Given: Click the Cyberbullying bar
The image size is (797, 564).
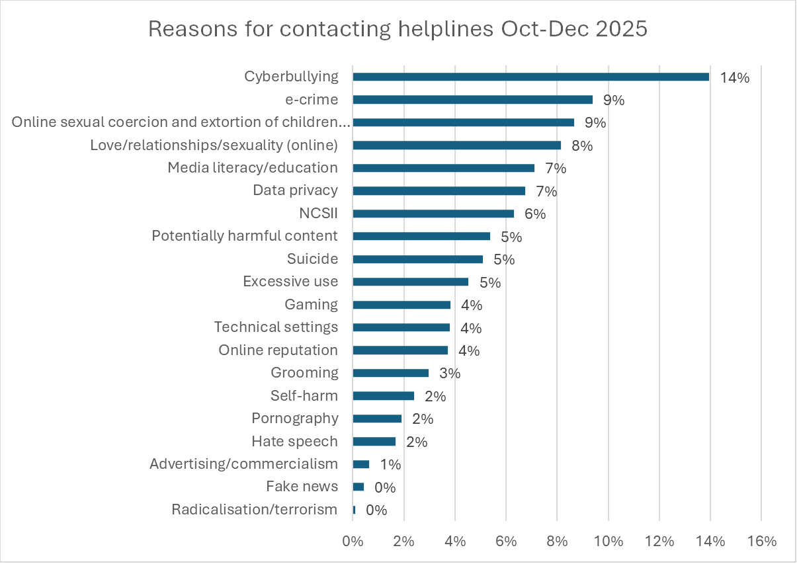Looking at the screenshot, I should [530, 77].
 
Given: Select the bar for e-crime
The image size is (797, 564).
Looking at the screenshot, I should [472, 100].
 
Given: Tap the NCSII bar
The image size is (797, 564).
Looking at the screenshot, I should [433, 214].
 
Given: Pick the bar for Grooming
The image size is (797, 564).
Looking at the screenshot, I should [390, 373].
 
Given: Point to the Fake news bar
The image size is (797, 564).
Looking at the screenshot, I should [358, 487].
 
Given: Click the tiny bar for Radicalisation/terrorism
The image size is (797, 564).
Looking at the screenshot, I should [354, 510].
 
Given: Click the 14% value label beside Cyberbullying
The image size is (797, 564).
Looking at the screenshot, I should [735, 77].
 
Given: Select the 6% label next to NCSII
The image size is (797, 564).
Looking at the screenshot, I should [534, 214].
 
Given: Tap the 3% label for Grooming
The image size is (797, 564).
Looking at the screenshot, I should [449, 373].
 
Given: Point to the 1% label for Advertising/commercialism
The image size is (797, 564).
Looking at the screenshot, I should [390, 464].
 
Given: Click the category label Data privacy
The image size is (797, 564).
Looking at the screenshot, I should [295, 190].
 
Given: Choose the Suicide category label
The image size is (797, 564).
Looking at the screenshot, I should [312, 259].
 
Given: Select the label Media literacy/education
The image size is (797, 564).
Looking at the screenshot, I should [253, 168].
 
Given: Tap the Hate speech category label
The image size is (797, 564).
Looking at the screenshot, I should [294, 441].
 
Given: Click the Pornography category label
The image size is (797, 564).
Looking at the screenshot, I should [294, 419].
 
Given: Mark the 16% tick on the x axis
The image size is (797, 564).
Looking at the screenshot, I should [761, 541].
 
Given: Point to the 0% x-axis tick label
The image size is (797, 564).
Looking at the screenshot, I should [353, 541].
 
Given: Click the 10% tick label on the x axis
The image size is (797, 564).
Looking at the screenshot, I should [608, 541].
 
